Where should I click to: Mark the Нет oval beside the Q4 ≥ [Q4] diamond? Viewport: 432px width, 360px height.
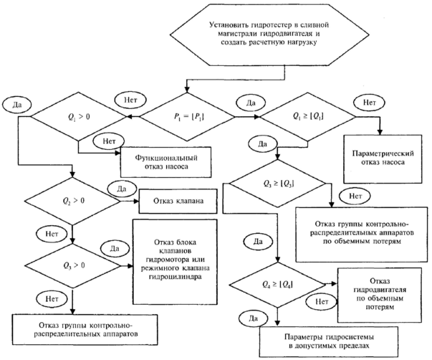tap(320, 301)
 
